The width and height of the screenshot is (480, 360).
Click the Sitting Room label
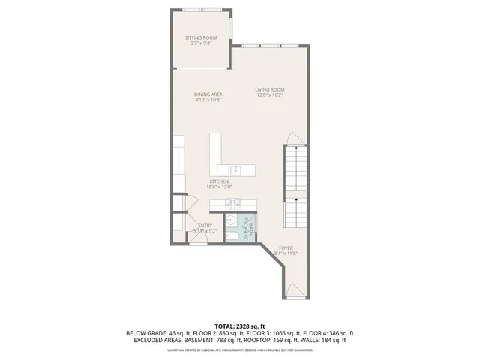coord(201,37)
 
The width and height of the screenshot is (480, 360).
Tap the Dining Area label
coord(208,94)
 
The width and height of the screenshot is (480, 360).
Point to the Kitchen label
coord(219,182)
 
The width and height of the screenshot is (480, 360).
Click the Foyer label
coord(286,247)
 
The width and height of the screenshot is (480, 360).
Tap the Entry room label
coord(204,226)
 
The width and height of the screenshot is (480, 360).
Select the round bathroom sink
coord(231,220)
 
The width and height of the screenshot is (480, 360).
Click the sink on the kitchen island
coord(234,169)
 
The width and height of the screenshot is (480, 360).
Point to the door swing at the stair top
coord(296,139)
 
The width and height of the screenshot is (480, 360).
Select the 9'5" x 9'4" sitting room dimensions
coord(201,43)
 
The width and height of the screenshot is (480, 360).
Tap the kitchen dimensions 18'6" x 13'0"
coord(220,187)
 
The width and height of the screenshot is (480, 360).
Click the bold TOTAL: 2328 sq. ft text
coord(240,326)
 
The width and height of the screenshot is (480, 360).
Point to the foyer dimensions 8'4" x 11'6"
coord(286,253)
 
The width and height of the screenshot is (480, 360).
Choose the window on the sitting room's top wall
coord(202,10)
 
